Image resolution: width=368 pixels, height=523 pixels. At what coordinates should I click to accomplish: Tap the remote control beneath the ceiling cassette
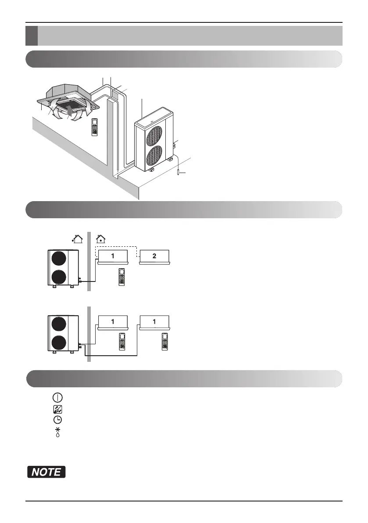[x=95, y=127]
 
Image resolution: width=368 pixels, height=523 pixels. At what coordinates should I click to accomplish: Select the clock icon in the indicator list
[x=57, y=419]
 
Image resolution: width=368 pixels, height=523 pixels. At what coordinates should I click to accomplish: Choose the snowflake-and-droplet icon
[x=57, y=431]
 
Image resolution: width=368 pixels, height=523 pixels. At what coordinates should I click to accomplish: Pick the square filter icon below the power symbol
[x=57, y=408]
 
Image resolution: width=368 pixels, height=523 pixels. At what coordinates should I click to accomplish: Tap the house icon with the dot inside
[x=101, y=239]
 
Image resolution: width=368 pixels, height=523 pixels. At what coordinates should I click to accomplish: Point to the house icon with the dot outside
[x=77, y=239]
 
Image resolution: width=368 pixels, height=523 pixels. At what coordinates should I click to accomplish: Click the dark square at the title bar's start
[x=31, y=36]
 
